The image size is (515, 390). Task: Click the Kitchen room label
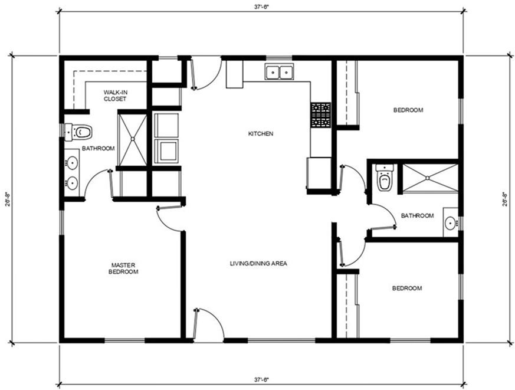pyautogui.click(x=261, y=134)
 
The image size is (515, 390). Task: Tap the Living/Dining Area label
pyautogui.click(x=258, y=264)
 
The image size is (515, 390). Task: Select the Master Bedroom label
pyautogui.click(x=123, y=268)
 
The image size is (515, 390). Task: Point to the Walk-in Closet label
pyautogui.click(x=115, y=96)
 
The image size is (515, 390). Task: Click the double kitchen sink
pyautogui.click(x=280, y=71)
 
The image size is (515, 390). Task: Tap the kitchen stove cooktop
pyautogui.click(x=321, y=115)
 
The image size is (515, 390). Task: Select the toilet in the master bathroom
pyautogui.click(x=78, y=132)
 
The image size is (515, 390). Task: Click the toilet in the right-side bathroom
pyautogui.click(x=384, y=178)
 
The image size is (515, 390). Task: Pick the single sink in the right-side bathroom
pyautogui.click(x=451, y=222)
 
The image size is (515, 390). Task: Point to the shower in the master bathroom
pyautogui.click(x=133, y=139)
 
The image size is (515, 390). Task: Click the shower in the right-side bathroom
pyautogui.click(x=430, y=178)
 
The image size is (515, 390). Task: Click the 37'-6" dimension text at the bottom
pyautogui.click(x=261, y=380)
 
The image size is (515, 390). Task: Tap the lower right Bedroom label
pyautogui.click(x=407, y=289)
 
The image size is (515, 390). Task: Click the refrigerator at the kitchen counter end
pyautogui.click(x=319, y=173)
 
